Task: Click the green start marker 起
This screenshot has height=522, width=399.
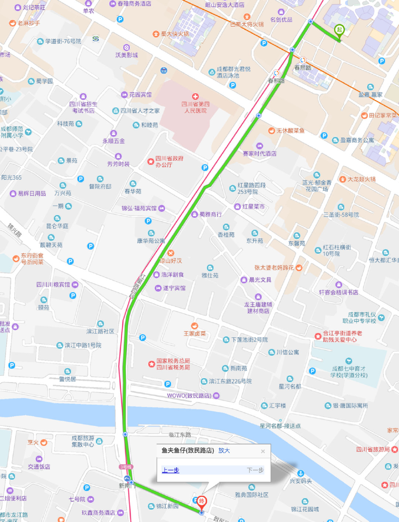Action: click(339, 30)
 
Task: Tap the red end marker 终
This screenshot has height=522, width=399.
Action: click(201, 502)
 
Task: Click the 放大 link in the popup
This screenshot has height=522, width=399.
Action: click(224, 450)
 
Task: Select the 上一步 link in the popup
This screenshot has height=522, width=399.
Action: click(170, 470)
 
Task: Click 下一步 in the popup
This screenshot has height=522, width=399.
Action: click(255, 470)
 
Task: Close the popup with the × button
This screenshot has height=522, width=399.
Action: click(263, 451)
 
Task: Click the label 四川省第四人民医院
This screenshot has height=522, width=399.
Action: click(195, 107)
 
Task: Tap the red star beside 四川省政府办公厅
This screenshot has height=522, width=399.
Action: click(150, 162)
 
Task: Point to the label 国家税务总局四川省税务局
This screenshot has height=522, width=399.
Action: click(173, 364)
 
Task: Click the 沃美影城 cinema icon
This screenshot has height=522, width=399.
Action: click(126, 48)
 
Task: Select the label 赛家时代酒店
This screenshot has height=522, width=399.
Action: click(259, 153)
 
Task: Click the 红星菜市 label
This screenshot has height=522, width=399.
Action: click(253, 207)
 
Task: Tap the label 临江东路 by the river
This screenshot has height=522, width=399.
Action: click(180, 435)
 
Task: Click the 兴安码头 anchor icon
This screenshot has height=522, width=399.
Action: click(301, 474)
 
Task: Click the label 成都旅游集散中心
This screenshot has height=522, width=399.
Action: click(83, 441)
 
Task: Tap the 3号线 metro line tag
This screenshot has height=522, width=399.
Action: click(126, 467)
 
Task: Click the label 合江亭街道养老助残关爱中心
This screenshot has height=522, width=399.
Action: click(342, 336)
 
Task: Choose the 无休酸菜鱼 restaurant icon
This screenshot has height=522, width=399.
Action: click(272, 130)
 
